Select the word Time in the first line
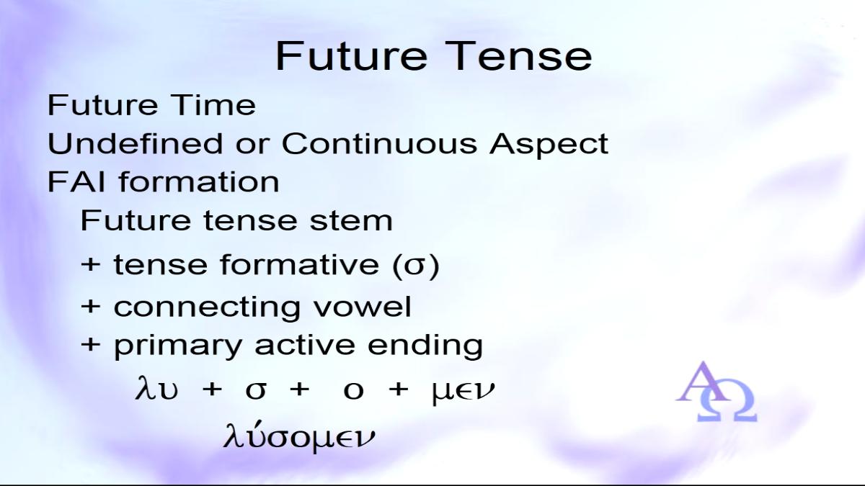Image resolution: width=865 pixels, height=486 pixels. (213, 105)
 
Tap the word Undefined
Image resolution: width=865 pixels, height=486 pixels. (136, 143)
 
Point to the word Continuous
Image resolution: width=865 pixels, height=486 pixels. (380, 143)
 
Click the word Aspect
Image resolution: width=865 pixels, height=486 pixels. (549, 145)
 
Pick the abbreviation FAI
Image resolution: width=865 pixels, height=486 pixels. (76, 181)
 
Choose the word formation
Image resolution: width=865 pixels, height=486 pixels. (199, 181)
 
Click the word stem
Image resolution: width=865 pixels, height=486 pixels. (351, 220)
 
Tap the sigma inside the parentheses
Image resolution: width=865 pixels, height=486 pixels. (416, 266)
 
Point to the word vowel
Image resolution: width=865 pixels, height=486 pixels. (362, 307)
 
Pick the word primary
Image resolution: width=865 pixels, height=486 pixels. (178, 346)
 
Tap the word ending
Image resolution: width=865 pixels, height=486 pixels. (425, 346)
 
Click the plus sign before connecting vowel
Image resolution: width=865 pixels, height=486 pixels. (91, 307)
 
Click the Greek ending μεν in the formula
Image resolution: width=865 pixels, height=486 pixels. (463, 391)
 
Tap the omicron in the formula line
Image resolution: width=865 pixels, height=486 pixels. (353, 391)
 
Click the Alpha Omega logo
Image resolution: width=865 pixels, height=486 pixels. (716, 392)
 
